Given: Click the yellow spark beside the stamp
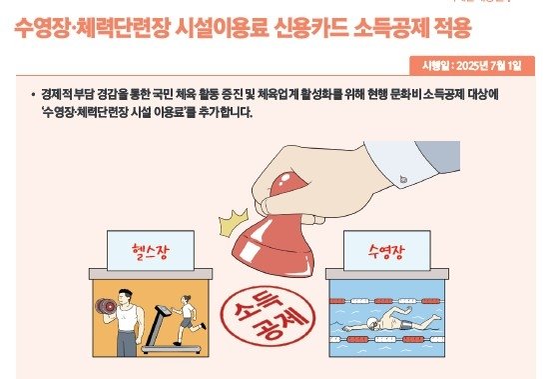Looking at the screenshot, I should tap(236, 214).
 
